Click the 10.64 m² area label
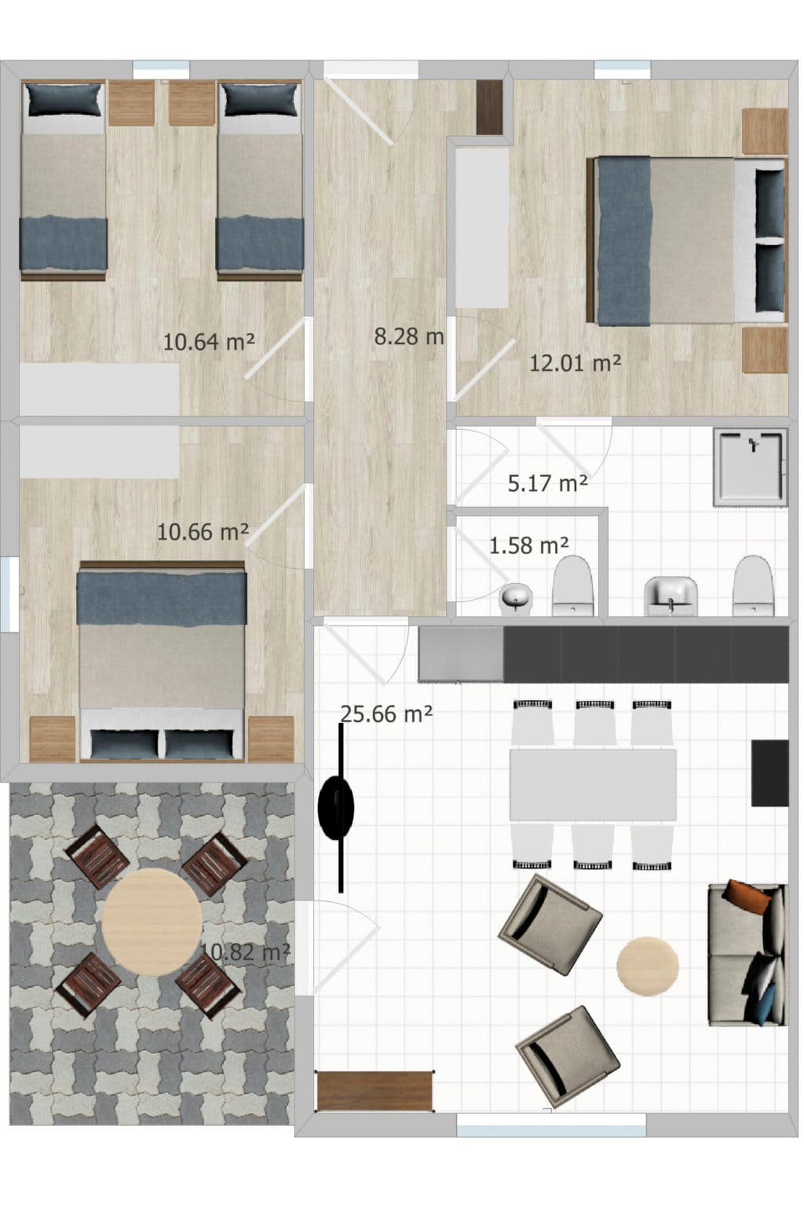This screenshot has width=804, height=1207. [208, 342]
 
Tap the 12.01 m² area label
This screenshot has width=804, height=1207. [575, 363]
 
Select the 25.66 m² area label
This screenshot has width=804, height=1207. [386, 714]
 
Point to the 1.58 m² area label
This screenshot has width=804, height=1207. [528, 545]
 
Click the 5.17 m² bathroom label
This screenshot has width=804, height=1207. [547, 483]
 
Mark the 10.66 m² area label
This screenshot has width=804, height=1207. [203, 532]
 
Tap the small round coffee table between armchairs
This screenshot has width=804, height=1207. [647, 966]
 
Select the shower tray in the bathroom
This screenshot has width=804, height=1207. [750, 467]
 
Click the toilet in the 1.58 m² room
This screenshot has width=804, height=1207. [572, 587]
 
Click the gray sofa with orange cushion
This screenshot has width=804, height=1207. [747, 954]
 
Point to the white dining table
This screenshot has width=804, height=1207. [593, 784]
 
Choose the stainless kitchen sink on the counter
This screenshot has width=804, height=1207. [460, 654]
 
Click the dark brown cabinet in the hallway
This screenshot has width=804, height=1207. [489, 107]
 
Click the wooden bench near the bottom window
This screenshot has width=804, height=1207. [375, 1091]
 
